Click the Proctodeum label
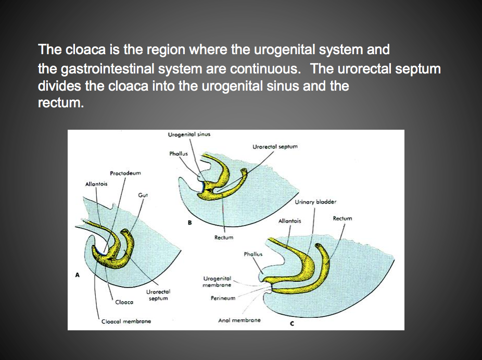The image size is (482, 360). coord(125,173)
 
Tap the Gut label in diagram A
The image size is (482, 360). coord(143,195)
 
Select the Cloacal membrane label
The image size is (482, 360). coord(126,321)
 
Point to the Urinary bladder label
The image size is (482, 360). coord(315,202)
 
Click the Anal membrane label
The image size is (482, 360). coord(239,320)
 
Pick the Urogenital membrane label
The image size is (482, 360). coord(217,281)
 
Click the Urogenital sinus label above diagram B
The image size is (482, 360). coord(189,134)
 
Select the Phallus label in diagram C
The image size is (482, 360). coord(253,254)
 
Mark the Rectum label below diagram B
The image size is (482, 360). coord(224,238)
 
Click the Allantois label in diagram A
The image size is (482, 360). coord(96,184)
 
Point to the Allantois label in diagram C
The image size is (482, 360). coord(289,221)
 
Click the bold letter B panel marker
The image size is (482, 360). coord(190,224)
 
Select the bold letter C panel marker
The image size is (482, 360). coord(292,323)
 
